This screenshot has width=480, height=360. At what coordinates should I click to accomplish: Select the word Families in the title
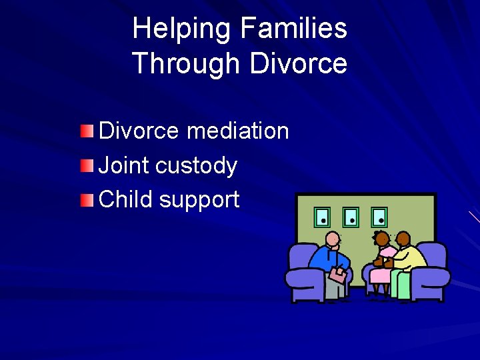pos(294,29)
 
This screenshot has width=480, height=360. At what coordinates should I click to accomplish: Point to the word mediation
pos(238,131)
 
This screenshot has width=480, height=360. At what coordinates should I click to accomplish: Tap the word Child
pos(125,199)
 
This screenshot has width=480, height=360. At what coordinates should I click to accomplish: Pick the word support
pos(199,200)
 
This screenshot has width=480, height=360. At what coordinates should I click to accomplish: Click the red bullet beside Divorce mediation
pos(87,131)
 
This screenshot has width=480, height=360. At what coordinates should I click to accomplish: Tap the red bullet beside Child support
pos(87,199)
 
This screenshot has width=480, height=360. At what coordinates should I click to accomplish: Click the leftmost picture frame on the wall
pos(322,217)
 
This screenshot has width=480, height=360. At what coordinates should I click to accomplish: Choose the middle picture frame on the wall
pos(351,217)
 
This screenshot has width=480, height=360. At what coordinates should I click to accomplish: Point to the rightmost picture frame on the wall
pos(379,217)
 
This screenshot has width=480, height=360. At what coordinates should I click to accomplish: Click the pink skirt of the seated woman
pos(380,275)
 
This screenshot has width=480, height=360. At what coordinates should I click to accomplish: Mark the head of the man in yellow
pos(403,239)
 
